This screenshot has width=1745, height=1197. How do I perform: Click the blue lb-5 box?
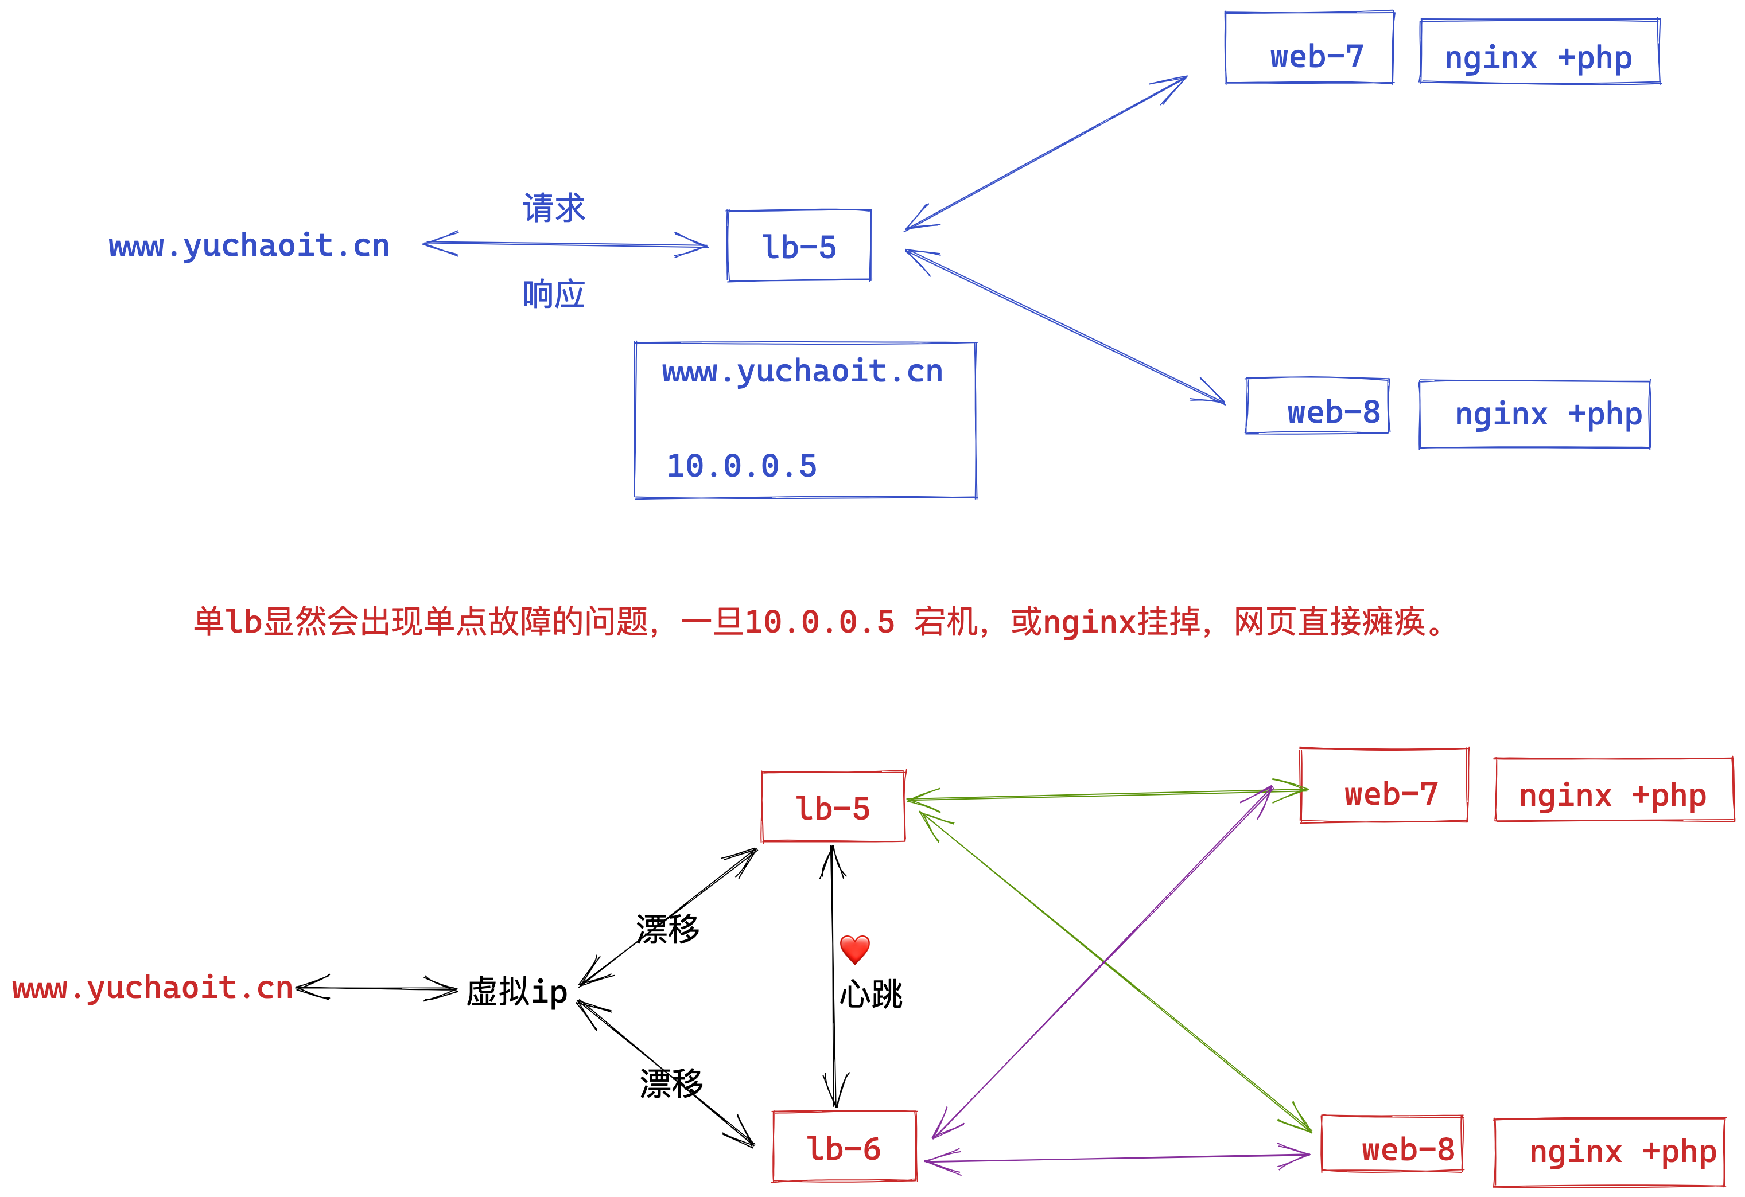click(x=799, y=246)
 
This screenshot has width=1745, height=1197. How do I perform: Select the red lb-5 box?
click(x=833, y=808)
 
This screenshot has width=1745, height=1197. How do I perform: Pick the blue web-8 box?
click(x=1318, y=407)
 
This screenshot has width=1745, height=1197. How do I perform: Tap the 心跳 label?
click(x=871, y=995)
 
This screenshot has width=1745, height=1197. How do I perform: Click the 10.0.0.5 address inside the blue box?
click(x=741, y=466)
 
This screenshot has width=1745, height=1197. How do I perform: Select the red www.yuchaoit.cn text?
click(x=153, y=988)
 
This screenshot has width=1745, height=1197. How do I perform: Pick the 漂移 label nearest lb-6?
click(x=671, y=1083)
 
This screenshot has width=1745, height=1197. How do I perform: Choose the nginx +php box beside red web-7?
click(x=1614, y=790)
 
